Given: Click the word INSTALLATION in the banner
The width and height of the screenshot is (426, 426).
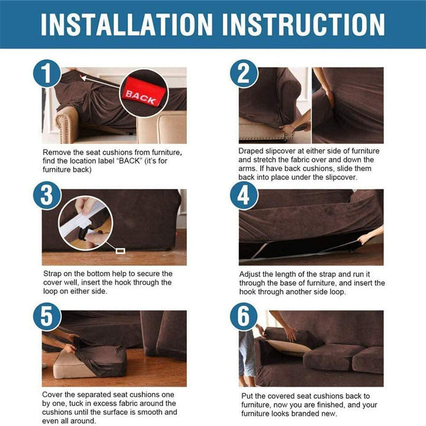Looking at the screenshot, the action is click(x=127, y=24).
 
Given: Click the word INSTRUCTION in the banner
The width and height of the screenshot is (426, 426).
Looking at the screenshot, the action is click(x=303, y=24).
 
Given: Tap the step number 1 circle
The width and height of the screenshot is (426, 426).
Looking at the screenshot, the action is click(x=47, y=73).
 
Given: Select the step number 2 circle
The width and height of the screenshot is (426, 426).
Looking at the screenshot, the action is click(x=244, y=73).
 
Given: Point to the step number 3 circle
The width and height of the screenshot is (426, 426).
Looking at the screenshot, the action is click(x=47, y=195).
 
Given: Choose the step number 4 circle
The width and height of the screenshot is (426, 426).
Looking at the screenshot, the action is click(x=244, y=195).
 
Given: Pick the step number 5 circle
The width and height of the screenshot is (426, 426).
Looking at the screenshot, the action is click(x=47, y=317).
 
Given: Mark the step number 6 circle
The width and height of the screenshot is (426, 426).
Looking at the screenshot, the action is click(x=244, y=317).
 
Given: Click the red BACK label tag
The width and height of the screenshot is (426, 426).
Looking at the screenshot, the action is click(x=143, y=92).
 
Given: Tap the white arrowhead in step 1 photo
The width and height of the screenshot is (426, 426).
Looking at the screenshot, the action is click(x=83, y=78).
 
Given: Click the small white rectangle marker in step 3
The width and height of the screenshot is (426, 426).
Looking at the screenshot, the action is click(x=120, y=251).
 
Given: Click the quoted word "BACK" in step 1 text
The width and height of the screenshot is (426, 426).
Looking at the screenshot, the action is click(x=130, y=161).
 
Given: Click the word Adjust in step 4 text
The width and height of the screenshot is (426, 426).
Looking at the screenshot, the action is click(x=251, y=275).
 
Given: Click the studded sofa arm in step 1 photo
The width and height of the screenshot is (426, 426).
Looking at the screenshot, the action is click(x=65, y=124).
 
